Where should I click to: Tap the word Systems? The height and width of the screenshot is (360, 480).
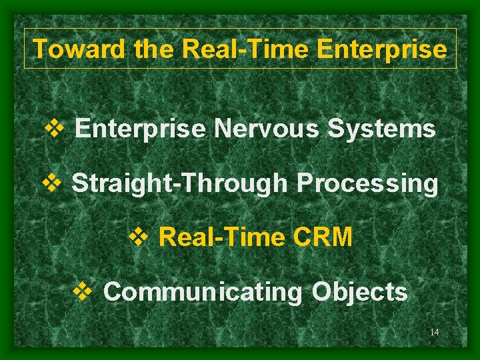(x=381, y=128)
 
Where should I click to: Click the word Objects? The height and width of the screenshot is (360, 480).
(x=360, y=291)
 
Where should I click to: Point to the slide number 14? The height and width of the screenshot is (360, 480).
(x=434, y=332)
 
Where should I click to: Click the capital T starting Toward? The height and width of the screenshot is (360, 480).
(x=40, y=49)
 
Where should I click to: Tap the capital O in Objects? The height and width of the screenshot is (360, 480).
(x=322, y=291)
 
